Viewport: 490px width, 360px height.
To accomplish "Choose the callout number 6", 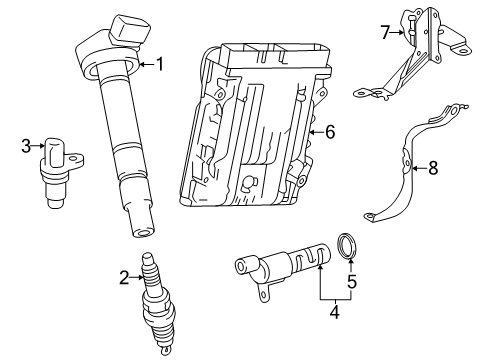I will click(x=331, y=130).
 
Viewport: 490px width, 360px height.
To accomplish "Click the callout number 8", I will click(x=433, y=168).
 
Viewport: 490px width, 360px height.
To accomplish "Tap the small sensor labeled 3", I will click(x=59, y=168).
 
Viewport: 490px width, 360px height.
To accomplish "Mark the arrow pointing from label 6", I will click(x=317, y=130).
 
